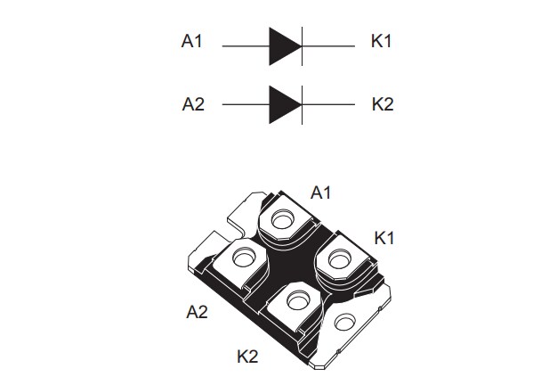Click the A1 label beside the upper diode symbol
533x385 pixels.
pos(193,42)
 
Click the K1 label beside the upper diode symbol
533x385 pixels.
pos(382,42)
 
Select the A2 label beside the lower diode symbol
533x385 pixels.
pos(193,104)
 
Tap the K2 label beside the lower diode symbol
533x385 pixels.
pos(382,104)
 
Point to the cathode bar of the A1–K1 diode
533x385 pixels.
pos(303,44)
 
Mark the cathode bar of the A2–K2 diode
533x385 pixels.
pos(303,104)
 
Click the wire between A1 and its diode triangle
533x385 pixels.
pos(245,44)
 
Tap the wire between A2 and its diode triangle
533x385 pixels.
pos(245,104)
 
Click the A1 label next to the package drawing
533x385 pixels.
pos(321,192)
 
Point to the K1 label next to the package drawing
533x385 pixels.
pos(384,238)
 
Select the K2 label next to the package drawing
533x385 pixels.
pos(247,356)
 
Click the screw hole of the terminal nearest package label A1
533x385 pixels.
pos(284,219)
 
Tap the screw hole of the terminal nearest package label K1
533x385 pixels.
pos(338,259)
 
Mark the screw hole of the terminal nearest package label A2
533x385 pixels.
pos(242,259)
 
